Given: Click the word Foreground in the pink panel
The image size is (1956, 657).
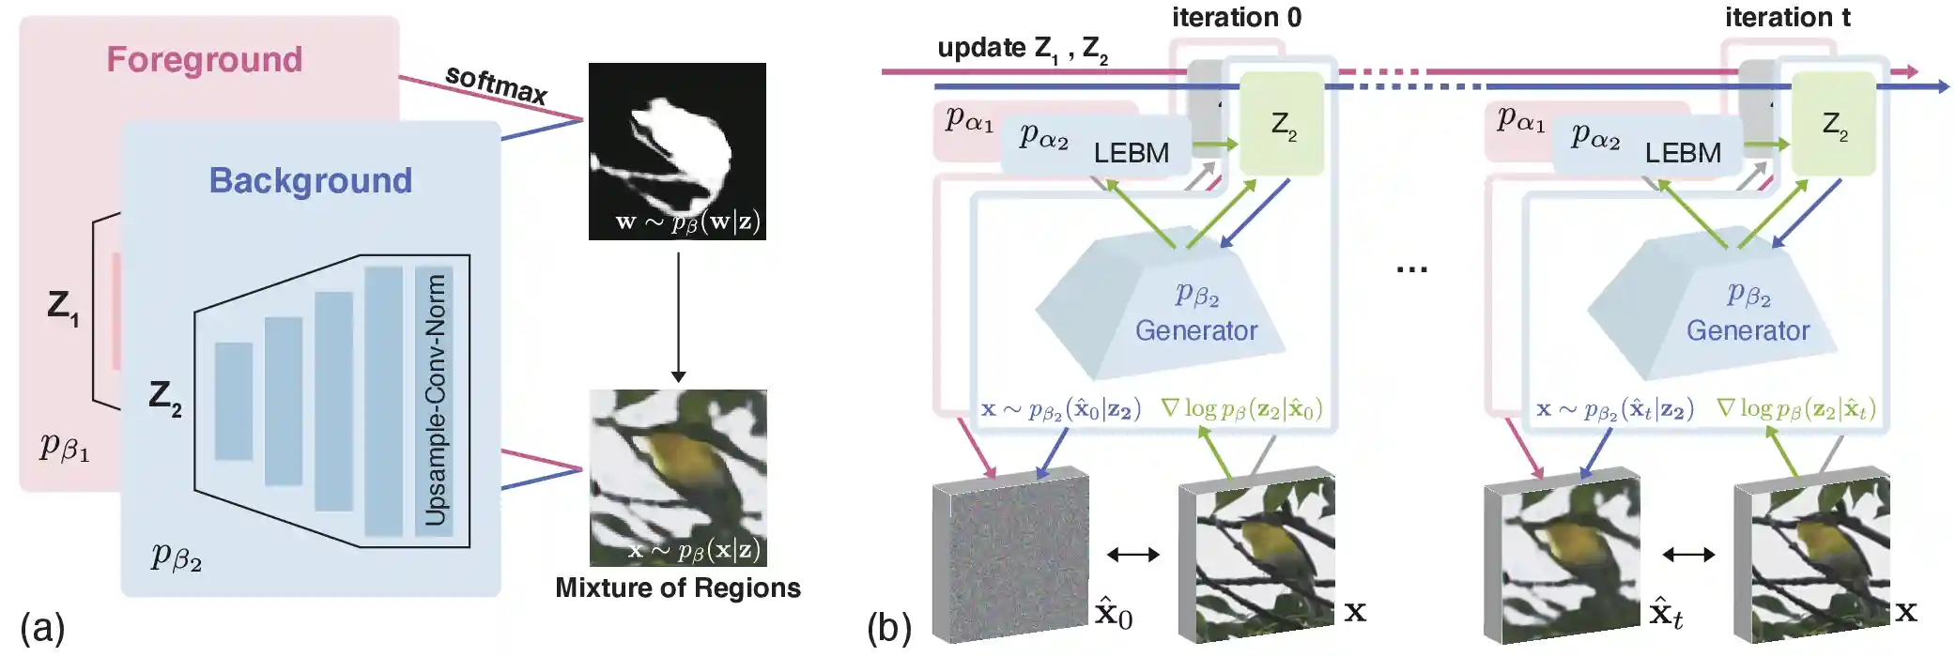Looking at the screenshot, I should tap(204, 59).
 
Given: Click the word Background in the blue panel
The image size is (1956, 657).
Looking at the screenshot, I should tap(310, 180).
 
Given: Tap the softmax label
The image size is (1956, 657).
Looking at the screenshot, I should tap(496, 84).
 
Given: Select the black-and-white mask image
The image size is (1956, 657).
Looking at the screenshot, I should tap(677, 150).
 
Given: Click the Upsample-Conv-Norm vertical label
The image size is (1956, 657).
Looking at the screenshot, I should tap(435, 400).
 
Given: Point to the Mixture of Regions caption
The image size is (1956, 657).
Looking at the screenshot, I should tap(677, 588).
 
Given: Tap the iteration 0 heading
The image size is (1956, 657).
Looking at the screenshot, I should tap(1236, 17).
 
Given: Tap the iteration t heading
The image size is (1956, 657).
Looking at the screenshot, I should tap(1787, 17).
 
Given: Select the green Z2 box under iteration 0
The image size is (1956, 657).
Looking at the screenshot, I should tap(1282, 124).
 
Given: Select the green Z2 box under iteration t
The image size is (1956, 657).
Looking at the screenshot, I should tap(1833, 124).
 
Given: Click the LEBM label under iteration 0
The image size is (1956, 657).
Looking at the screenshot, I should tap(1131, 152).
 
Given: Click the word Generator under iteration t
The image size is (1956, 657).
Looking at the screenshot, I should tap(1748, 330).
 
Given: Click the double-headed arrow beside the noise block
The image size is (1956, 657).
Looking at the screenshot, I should tap(1132, 555).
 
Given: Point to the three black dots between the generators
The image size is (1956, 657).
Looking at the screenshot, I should tap(1410, 269).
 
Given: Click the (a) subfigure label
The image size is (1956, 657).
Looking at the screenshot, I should tap(42, 627).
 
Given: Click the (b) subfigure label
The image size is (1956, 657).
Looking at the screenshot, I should tap(888, 627).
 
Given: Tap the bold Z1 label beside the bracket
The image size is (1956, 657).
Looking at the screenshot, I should tap(63, 306).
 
